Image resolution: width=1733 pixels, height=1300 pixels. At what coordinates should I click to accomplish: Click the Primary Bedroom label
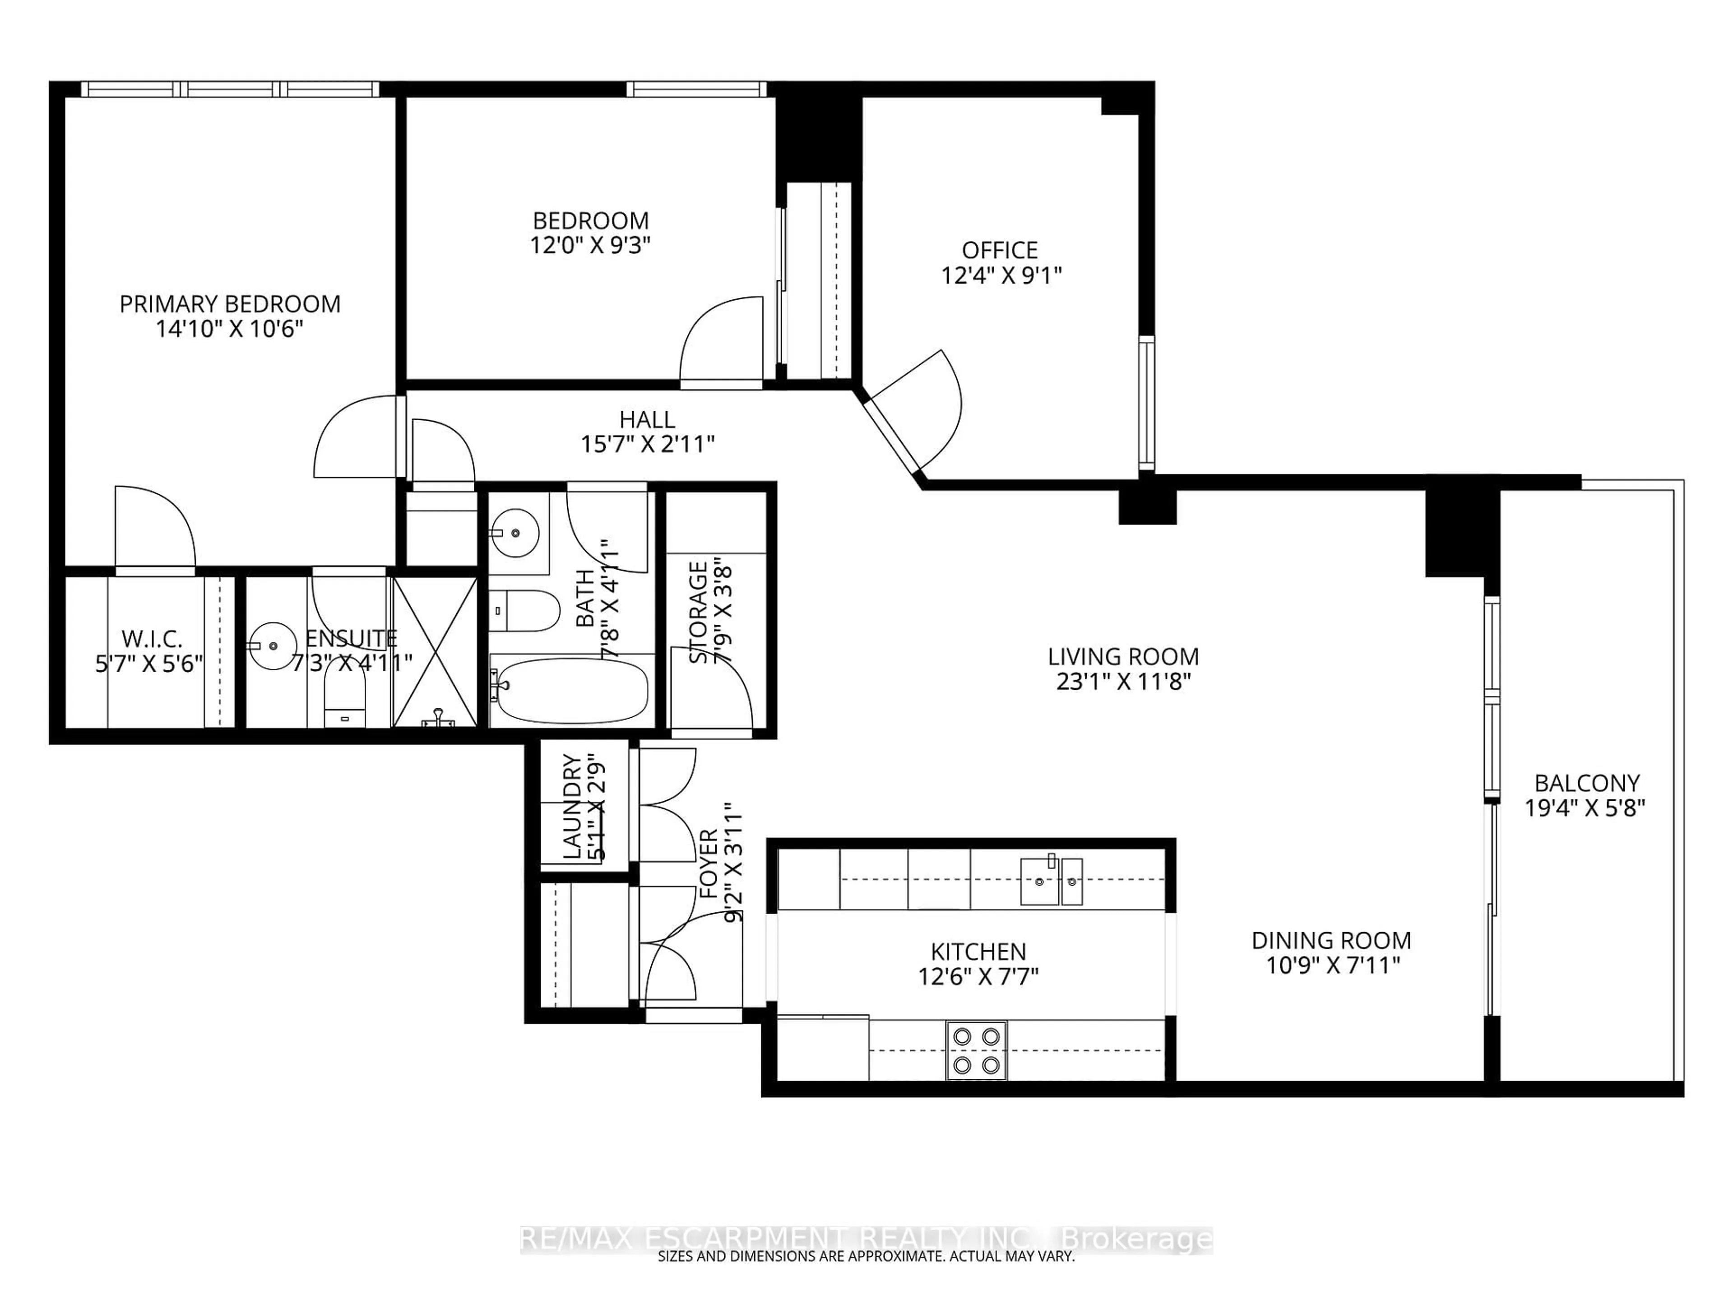click(230, 304)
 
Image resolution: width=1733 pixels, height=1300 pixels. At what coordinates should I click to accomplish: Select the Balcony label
click(1586, 783)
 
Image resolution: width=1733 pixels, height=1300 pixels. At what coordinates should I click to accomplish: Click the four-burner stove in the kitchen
click(976, 1051)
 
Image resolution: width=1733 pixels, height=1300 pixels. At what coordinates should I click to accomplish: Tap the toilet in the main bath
click(525, 610)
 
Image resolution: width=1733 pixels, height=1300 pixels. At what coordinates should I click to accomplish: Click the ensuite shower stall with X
click(435, 652)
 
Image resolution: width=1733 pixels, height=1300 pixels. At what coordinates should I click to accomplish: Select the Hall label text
click(647, 420)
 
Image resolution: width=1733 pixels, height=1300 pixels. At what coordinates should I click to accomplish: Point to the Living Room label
click(1123, 657)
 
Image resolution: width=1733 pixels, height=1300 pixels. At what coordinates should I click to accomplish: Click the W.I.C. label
click(151, 639)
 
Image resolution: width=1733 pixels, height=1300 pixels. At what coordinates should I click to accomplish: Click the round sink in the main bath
click(515, 533)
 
